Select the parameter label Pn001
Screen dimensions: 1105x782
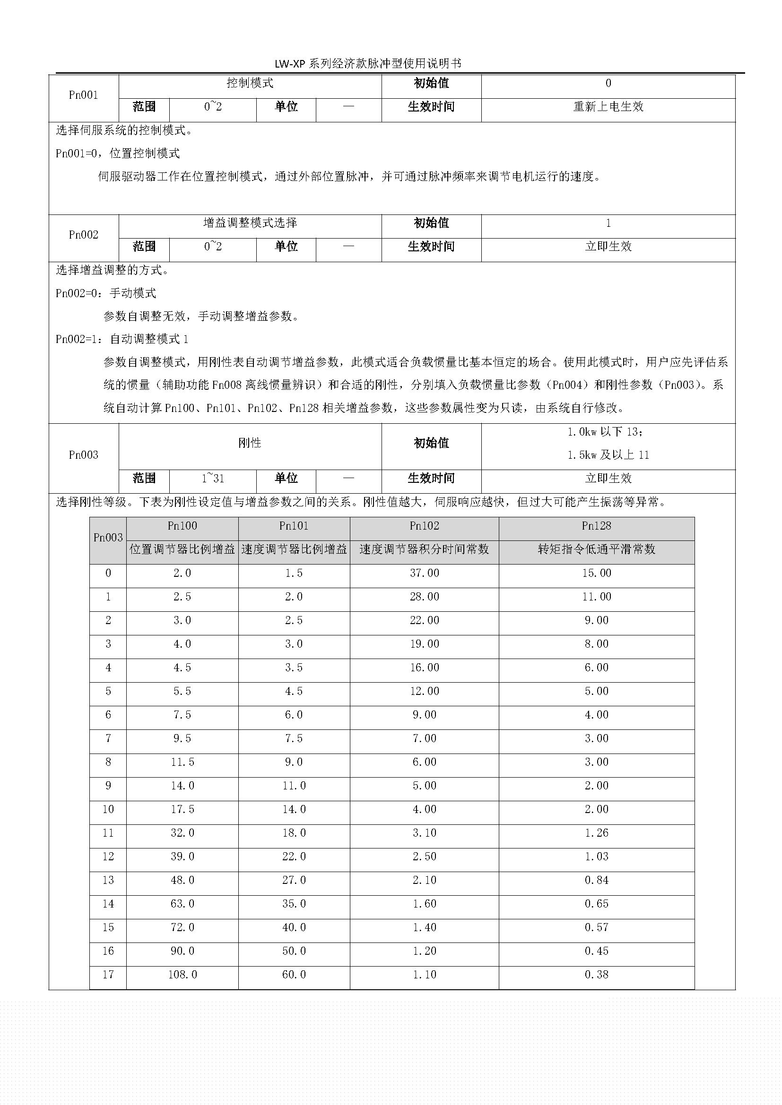(83, 95)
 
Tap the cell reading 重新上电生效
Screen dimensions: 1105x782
(608, 107)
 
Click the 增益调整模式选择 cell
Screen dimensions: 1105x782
(250, 223)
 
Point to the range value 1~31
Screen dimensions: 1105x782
(212, 479)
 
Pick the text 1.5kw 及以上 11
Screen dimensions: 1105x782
(608, 455)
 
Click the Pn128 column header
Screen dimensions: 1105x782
(596, 526)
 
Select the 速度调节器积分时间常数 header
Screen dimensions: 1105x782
(424, 549)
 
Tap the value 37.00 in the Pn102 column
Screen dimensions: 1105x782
(424, 573)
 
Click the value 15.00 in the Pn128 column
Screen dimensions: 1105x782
(596, 573)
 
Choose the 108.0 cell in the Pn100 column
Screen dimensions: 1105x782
(182, 975)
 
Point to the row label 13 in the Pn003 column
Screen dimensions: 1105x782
(108, 880)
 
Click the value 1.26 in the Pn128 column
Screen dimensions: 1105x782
(596, 833)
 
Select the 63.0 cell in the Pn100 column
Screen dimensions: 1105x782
(182, 904)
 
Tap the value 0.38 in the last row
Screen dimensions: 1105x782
(596, 975)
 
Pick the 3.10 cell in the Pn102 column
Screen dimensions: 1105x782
(424, 833)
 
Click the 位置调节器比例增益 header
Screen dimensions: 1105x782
(182, 549)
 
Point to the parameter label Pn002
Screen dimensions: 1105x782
(83, 235)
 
